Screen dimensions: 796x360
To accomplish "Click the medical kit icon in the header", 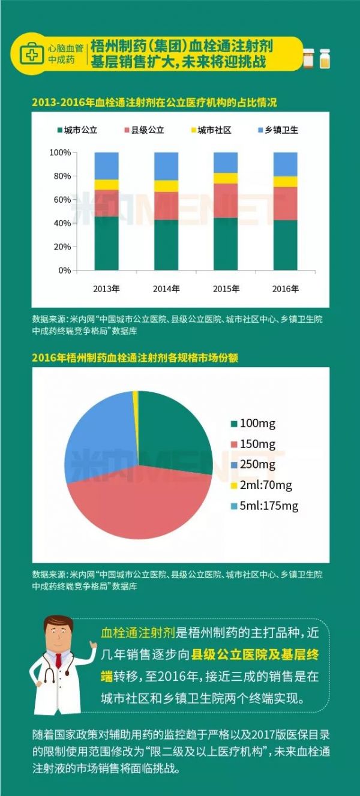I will click(x=29, y=55).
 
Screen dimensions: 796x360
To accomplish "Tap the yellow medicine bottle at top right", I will click(x=325, y=59).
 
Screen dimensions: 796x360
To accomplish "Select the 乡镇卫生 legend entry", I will click(x=278, y=130).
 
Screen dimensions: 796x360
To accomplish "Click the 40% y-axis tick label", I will click(x=62, y=223).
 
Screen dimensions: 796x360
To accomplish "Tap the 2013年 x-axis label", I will click(x=106, y=289).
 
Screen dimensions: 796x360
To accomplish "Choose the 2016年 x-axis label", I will click(x=286, y=289).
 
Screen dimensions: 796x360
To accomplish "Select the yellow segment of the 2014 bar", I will click(x=166, y=186).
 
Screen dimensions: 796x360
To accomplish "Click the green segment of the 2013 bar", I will click(x=106, y=243).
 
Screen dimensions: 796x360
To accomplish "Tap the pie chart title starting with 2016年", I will click(x=135, y=358).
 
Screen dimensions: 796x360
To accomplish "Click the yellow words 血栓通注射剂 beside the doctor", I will click(x=137, y=632).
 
